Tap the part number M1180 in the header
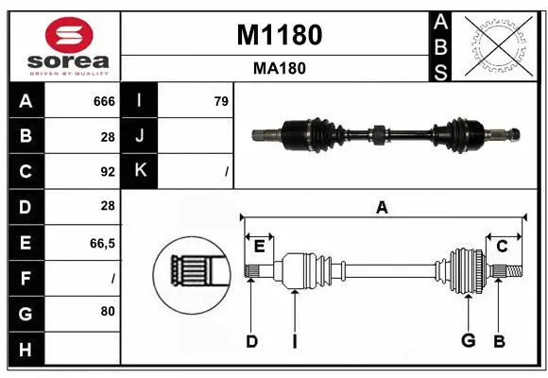pos(279,35)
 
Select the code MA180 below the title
pos(279,68)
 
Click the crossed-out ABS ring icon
pos(499,44)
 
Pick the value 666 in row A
pos(104,101)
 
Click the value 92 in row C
pos(107,172)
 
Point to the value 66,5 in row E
pos(102,243)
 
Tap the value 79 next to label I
pos(221,101)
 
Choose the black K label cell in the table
pos(140,171)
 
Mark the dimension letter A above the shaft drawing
pos(382,207)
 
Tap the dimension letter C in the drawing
pos(502,246)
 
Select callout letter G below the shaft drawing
pos(467,341)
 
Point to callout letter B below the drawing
pos(499,341)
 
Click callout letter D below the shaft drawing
pos(251,341)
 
